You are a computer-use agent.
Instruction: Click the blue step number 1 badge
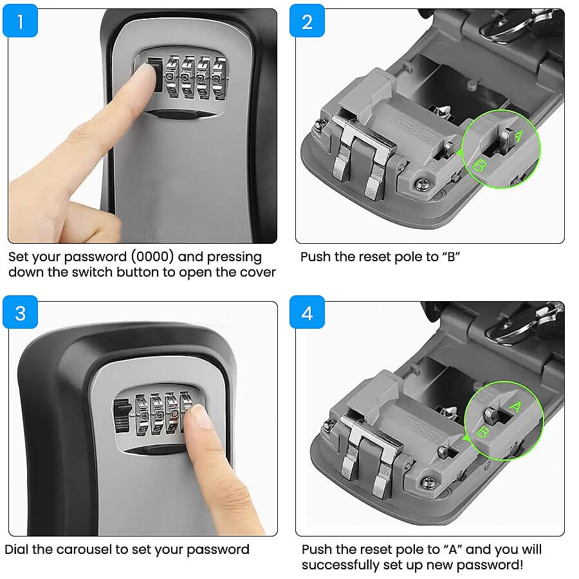(21, 21)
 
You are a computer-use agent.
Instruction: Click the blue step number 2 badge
(307, 21)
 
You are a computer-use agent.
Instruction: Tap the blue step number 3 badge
(21, 313)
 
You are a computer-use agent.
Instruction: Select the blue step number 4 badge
(307, 313)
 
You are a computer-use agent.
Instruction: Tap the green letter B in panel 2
(477, 165)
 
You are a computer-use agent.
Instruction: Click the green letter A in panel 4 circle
(515, 407)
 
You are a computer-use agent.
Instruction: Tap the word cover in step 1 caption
(258, 272)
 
